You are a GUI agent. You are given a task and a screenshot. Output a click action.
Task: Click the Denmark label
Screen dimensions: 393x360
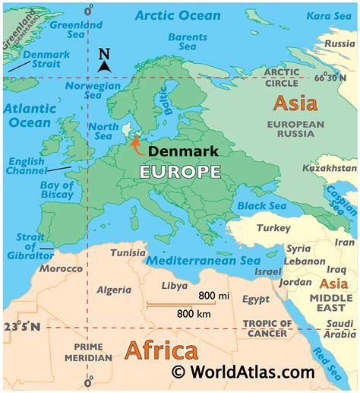[183, 151]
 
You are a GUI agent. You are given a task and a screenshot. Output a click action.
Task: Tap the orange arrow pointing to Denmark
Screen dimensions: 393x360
[136, 144]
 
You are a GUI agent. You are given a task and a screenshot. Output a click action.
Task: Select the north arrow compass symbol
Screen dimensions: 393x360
[104, 61]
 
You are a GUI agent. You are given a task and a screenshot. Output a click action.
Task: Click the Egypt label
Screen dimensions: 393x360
[256, 300]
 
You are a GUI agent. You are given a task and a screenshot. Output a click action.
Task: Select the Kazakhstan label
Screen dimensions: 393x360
[329, 167]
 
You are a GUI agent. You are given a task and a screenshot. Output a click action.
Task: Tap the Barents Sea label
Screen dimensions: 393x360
[188, 42]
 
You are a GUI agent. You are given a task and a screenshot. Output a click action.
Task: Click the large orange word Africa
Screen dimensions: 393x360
[161, 350]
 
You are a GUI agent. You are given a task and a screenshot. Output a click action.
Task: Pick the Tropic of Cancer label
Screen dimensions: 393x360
[265, 328]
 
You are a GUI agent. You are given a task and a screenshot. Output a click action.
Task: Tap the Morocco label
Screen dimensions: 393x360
[61, 269]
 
